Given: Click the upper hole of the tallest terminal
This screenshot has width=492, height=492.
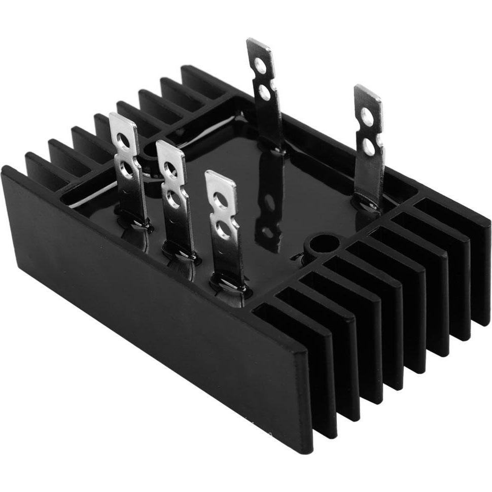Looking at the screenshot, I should (x=260, y=64).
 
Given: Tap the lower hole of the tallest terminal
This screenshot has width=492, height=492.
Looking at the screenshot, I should (x=264, y=91).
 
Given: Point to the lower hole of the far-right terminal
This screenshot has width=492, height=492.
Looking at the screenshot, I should (x=369, y=147).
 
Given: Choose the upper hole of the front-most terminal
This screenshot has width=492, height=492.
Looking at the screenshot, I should (x=220, y=201).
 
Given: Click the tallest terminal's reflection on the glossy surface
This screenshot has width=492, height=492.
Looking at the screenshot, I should (x=269, y=203).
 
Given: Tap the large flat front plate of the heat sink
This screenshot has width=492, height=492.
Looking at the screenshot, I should (x=152, y=304).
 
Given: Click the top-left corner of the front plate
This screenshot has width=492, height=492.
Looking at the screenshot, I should (x=6, y=170).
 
